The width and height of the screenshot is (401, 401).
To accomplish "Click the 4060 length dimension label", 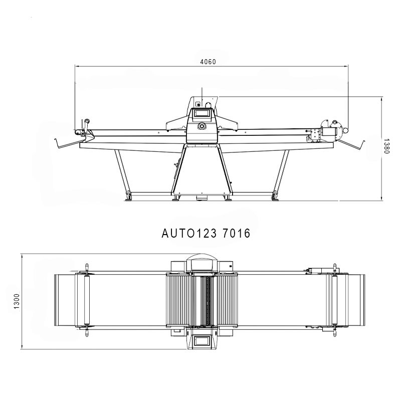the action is (208, 62).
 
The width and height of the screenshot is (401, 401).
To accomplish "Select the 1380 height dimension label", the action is (386, 146).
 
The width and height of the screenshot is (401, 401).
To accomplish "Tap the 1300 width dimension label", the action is (17, 301).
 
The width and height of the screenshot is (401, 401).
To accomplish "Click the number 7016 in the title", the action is (236, 233).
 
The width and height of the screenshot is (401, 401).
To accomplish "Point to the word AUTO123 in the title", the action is (189, 233).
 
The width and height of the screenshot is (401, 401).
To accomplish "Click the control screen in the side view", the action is (202, 113).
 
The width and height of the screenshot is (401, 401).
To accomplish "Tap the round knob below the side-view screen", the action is (202, 126).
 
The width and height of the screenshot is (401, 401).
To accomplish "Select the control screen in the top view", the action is (202, 341).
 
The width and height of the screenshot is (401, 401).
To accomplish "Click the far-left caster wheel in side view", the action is (129, 196).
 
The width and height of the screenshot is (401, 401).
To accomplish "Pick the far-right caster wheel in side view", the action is (275, 196).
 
